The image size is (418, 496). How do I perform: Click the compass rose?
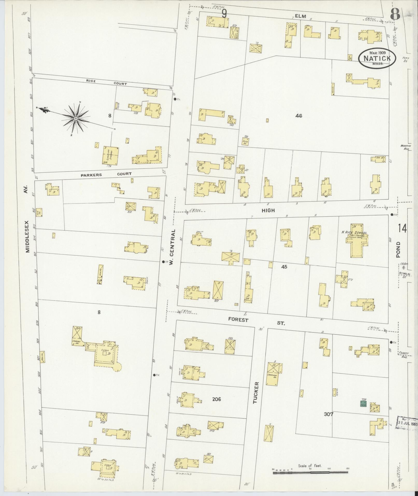(x=75, y=118)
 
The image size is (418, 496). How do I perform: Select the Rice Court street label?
(x=107, y=82)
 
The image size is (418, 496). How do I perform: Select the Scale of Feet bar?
(x=311, y=472)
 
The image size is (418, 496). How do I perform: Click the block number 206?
(x=216, y=400)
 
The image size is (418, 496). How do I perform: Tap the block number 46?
(x=299, y=116)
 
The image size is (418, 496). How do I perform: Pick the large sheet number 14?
(x=402, y=228)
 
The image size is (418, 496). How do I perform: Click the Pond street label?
(x=398, y=249)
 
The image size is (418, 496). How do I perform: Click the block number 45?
(x=284, y=267)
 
